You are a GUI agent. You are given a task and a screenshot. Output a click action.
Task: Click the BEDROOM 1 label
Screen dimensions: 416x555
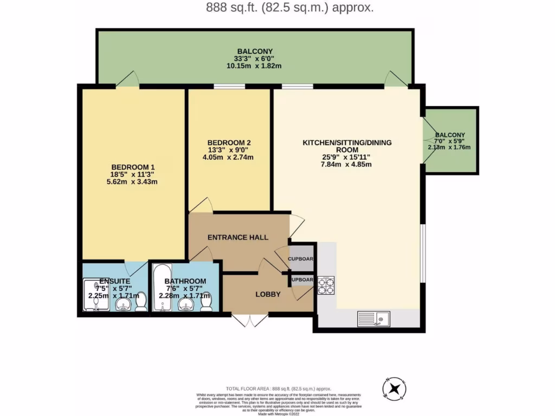[x=133, y=166]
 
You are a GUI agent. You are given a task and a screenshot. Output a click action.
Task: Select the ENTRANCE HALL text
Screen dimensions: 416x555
[x=238, y=237]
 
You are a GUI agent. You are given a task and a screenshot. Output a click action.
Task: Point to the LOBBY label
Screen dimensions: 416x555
[x=268, y=294]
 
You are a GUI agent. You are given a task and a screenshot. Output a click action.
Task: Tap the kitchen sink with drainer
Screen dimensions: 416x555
[x=375, y=318]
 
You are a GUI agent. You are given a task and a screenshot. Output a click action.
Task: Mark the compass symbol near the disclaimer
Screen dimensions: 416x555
[x=395, y=388]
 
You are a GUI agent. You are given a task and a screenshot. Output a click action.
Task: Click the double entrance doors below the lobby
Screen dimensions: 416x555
[x=249, y=320]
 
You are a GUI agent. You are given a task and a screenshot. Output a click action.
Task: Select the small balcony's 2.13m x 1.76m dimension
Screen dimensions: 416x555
[x=449, y=147]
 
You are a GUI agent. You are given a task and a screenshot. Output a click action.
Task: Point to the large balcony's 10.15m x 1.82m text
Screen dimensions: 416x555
[x=254, y=66]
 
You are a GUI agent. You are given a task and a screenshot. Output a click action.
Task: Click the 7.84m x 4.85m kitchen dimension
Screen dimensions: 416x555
[x=346, y=165]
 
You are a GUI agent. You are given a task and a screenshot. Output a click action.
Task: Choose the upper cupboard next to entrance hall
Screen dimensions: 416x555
[x=301, y=259]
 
